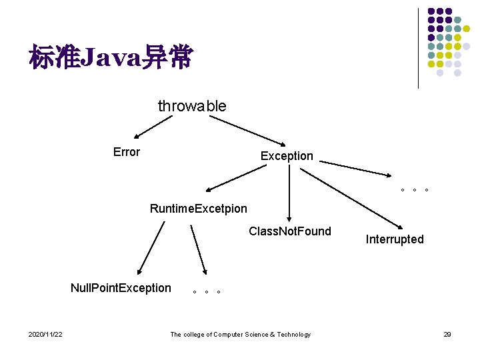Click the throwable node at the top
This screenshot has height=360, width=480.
(192, 106)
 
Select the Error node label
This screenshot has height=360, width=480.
(127, 152)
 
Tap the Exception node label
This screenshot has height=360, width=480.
(287, 156)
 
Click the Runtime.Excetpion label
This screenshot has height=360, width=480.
(199, 209)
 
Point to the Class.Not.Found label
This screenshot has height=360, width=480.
(289, 231)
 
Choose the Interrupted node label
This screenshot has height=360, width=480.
(395, 239)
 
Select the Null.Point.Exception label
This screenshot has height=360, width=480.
(121, 288)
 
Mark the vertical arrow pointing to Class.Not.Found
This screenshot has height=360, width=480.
(289, 193)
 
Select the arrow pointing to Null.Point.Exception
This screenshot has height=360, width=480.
(151, 248)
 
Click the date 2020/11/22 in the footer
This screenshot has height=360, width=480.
(45, 334)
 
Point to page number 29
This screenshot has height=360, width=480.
(447, 334)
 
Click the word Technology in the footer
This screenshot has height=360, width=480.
(294, 334)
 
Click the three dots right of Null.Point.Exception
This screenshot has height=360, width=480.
(206, 292)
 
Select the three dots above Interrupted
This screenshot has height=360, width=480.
(414, 190)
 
